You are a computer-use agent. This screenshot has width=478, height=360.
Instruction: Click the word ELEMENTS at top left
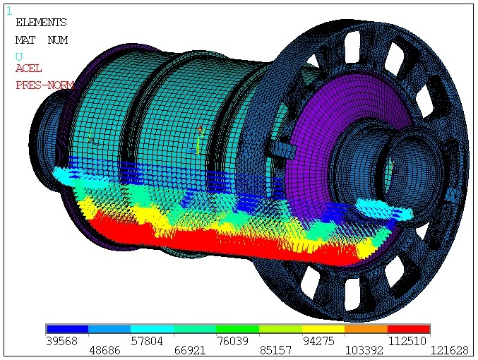coord(41,23)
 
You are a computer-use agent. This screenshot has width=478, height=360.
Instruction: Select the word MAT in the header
coord(25,40)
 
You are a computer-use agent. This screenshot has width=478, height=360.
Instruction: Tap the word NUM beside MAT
coord(58,40)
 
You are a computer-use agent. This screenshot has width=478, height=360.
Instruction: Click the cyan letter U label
coord(19,56)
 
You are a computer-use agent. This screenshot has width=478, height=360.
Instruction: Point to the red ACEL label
coord(29,68)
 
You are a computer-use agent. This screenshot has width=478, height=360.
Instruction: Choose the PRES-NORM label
coord(44,85)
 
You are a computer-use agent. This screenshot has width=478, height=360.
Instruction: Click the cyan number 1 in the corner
coord(9,11)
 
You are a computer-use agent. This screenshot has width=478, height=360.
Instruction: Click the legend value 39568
coord(62,341)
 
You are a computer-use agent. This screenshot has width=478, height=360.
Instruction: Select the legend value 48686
coord(104,351)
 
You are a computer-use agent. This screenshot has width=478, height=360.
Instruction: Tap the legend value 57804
coord(147,341)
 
